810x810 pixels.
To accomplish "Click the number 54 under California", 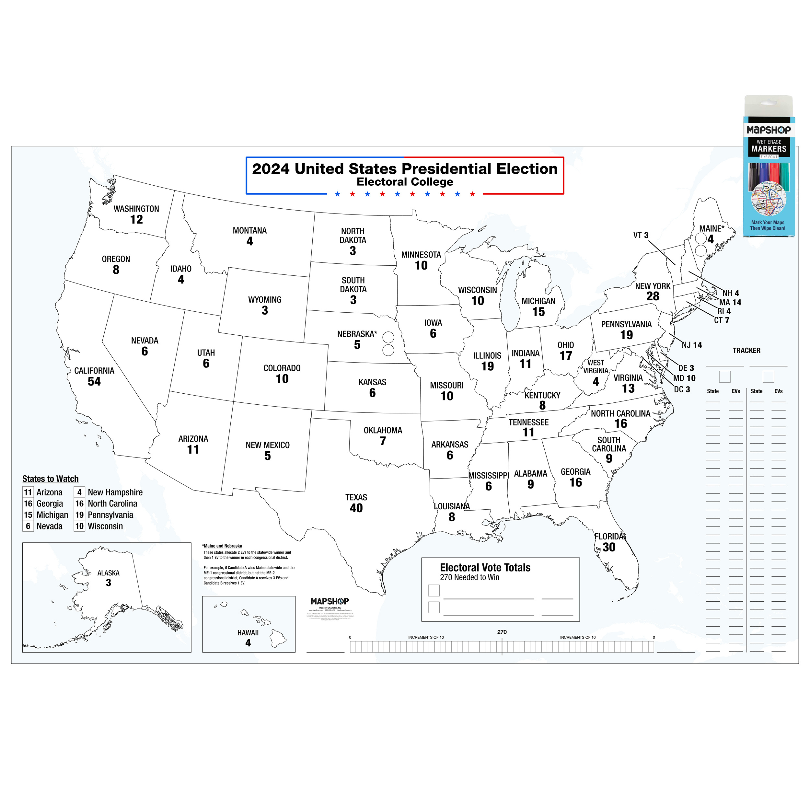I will (94, 382).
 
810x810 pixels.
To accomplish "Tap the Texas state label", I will (356, 497).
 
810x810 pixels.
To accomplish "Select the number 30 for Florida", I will (609, 547).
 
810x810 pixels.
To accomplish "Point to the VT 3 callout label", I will (641, 235).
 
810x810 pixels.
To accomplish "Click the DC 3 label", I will (682, 389).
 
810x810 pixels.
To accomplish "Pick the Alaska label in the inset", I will (108, 573).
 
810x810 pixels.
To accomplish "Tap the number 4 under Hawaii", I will (248, 643).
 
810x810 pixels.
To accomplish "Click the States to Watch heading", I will (50, 479).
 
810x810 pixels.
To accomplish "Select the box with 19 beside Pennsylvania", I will (79, 515).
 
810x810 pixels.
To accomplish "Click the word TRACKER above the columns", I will (746, 351).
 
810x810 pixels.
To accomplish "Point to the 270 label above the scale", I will (502, 632).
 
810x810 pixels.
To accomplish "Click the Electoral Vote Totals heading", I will (485, 568).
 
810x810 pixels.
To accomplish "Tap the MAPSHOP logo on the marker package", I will (769, 130).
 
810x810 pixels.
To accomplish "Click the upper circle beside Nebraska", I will (388, 337).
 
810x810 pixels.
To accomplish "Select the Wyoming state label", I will (265, 300).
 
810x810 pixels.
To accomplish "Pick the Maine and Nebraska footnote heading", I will (222, 546).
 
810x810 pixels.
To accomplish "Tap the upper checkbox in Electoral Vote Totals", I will (434, 591).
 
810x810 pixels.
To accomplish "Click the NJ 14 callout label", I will (691, 345).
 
